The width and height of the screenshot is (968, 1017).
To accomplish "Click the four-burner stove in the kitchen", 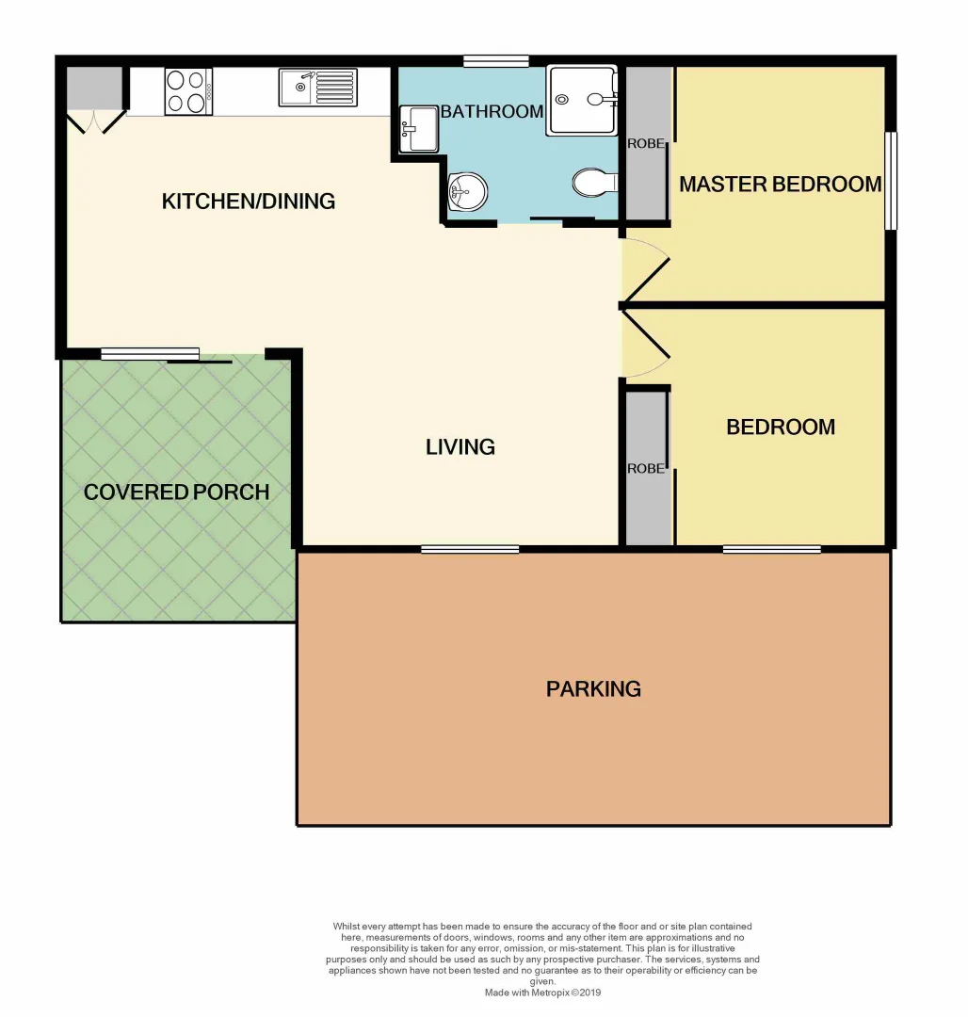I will click(188, 91).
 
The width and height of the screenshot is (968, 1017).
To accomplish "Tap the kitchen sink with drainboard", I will click(318, 88).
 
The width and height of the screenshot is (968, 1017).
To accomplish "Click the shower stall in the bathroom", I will click(583, 100).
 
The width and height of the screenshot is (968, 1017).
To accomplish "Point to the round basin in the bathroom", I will click(466, 194).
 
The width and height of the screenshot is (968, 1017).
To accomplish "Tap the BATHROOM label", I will click(492, 112).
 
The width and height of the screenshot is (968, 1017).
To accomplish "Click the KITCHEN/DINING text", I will click(249, 201).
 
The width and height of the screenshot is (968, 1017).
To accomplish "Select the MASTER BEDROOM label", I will click(780, 184).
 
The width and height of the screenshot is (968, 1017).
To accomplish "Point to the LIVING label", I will click(460, 446).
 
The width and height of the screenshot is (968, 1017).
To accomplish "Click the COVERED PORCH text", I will click(177, 492).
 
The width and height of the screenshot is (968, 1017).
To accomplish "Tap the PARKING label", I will click(593, 688).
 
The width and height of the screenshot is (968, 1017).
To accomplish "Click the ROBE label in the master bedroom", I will click(647, 144).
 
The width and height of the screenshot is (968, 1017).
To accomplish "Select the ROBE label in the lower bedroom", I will click(647, 468).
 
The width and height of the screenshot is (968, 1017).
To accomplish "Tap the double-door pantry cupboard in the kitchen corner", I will click(95, 99).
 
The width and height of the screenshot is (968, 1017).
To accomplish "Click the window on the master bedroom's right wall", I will click(891, 180).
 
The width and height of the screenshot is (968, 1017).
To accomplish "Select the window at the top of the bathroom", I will click(496, 62).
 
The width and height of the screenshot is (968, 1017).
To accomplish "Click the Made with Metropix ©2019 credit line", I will click(542, 993).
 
